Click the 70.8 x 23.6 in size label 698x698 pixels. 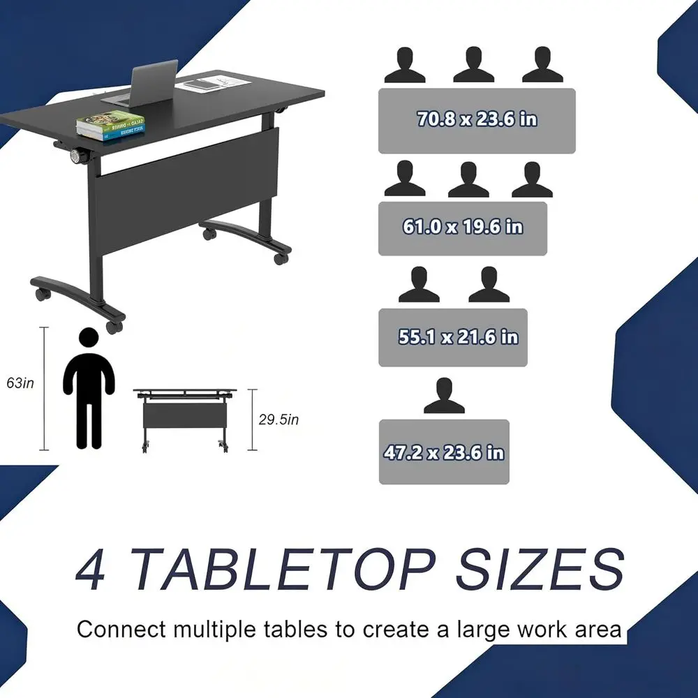(x=477, y=119)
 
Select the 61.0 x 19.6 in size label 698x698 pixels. (x=463, y=227)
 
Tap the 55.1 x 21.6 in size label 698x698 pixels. (x=458, y=337)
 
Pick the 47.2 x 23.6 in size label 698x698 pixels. (x=444, y=453)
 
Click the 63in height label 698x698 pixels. (x=20, y=383)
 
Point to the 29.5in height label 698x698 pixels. (x=279, y=419)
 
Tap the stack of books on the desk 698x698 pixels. (x=110, y=126)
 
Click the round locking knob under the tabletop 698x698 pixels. (x=80, y=156)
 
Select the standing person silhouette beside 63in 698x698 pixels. (x=89, y=388)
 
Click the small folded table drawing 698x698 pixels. (x=185, y=420)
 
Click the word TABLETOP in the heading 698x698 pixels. (x=282, y=569)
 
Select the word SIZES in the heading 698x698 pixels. (x=540, y=569)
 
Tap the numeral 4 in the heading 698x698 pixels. (x=91, y=570)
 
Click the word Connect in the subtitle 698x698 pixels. (x=121, y=630)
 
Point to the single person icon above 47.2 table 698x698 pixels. (x=444, y=395)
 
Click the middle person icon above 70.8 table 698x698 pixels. (x=474, y=64)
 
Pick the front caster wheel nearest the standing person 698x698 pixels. (x=114, y=327)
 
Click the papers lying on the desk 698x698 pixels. (x=213, y=83)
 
